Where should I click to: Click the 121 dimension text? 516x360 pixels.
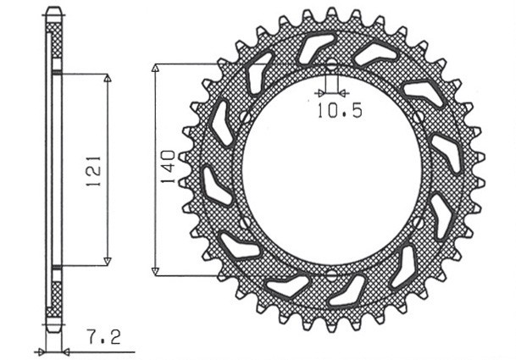[x=95, y=169]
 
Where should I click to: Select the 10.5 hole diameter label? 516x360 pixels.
[x=339, y=111]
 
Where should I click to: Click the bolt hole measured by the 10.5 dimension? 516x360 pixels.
[x=331, y=67]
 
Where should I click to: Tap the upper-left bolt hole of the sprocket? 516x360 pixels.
[x=243, y=118]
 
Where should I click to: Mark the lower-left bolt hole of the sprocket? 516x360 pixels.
[x=243, y=223]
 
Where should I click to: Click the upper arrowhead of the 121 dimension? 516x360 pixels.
[x=107, y=79]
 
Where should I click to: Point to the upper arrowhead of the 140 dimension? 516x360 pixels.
[x=155, y=69]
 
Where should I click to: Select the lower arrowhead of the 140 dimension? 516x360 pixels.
[x=155, y=271]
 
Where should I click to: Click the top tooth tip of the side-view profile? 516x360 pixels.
[x=53, y=11]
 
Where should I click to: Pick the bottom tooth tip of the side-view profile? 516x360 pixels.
[x=53, y=330]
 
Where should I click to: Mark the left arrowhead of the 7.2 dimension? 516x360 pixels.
[x=39, y=349]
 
